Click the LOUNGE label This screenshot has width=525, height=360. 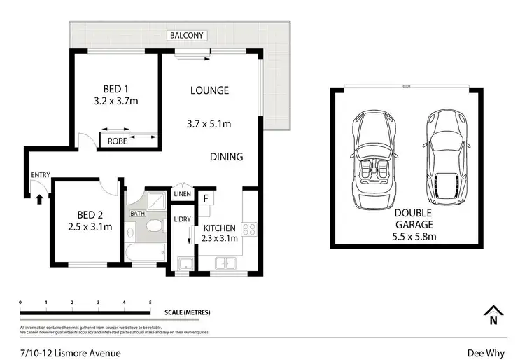tap(210, 90)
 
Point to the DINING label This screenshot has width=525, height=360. tap(227, 157)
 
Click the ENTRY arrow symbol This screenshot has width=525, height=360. tap(39, 199)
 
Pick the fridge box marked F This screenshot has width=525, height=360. tap(206, 198)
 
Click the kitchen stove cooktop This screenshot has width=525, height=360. tap(248, 228)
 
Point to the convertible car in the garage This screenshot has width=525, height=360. tap(374, 160)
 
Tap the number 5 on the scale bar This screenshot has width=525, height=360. tap(150, 303)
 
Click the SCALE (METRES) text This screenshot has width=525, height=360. tap(187, 312)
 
